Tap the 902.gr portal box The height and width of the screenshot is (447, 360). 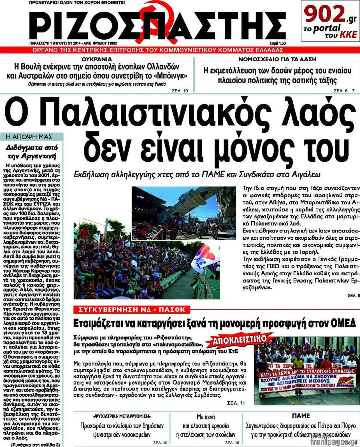[x=330, y=21]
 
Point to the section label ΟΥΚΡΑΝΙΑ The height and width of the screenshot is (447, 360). [x=96, y=58]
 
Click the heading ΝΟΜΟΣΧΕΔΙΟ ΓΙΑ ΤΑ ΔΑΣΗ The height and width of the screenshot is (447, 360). [x=276, y=58]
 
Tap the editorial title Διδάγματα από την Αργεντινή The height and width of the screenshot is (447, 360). [x=34, y=151]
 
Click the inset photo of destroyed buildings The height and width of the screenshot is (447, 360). [x=184, y=213]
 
